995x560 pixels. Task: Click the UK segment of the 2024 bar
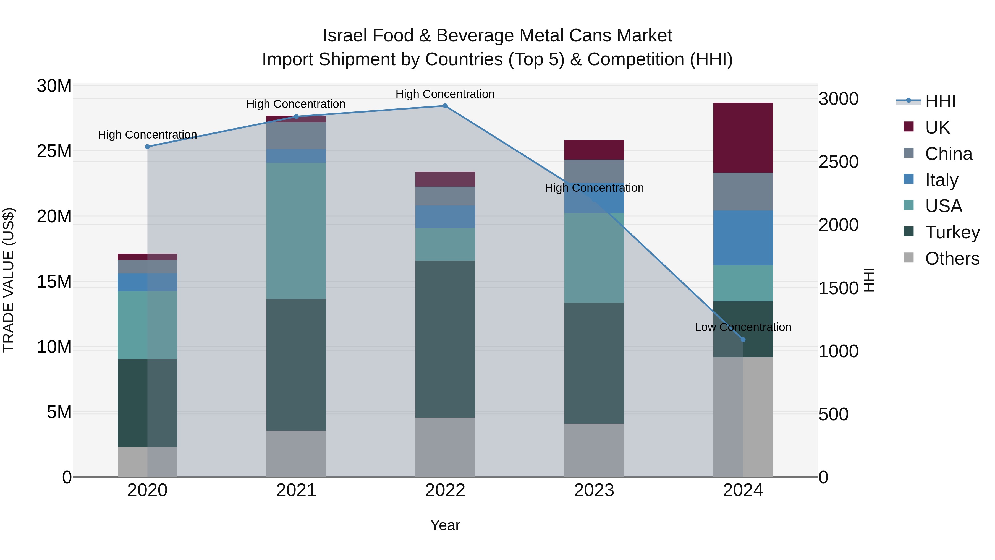(x=742, y=138)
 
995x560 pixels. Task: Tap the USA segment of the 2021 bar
(x=296, y=230)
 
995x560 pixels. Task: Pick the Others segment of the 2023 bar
(x=594, y=450)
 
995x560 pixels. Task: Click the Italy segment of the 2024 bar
(x=742, y=238)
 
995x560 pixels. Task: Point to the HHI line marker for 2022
(x=445, y=106)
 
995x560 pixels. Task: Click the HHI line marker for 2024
(x=743, y=340)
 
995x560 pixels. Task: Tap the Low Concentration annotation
(x=742, y=327)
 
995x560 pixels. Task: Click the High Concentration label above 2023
(x=594, y=188)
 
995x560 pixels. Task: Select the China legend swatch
(x=908, y=153)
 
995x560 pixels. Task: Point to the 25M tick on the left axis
(x=54, y=151)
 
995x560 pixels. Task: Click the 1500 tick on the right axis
(x=838, y=288)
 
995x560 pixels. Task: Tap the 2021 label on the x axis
(x=296, y=490)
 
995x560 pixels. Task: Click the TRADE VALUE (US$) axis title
(x=9, y=280)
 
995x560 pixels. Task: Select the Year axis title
(x=445, y=525)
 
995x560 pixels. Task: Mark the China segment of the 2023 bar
(x=594, y=171)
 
